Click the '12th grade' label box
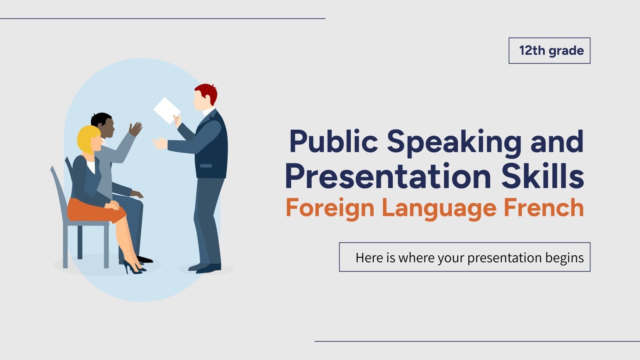tap(549, 51)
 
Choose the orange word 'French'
tap(544, 208)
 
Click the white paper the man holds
tap(166, 109)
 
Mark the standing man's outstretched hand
tap(159, 143)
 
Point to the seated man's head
tap(102, 124)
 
